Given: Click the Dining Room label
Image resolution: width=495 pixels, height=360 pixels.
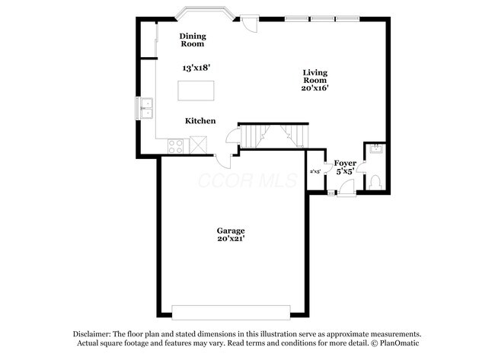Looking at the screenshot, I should point(193,40).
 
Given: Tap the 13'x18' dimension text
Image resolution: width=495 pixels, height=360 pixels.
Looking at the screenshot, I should point(196,68).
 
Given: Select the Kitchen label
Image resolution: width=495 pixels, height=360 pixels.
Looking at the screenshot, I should point(200,121).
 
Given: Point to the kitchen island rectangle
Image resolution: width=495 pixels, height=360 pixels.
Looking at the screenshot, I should point(196,90).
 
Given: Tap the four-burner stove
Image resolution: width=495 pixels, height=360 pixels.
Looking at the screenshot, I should point(175,145).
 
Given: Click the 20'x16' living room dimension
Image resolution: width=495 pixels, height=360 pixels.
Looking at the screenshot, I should point(315,88).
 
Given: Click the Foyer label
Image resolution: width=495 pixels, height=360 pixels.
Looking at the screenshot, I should point(344,163).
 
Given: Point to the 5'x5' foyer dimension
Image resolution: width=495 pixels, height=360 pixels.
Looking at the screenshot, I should point(344,172).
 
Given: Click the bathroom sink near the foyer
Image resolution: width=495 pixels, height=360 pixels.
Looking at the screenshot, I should point(374,151).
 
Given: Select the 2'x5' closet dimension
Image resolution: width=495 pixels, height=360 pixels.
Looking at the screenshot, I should point(315,172).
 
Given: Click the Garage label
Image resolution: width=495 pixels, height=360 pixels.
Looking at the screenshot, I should point(230,230).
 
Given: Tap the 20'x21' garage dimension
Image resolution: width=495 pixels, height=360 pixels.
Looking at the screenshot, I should point(230,239).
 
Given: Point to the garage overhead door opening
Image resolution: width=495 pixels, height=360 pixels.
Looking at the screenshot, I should point(231,312).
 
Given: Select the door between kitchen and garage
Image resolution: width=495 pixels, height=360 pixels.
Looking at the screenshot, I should point(225,161).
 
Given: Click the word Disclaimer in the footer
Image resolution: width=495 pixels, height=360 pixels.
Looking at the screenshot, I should point(92,334).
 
